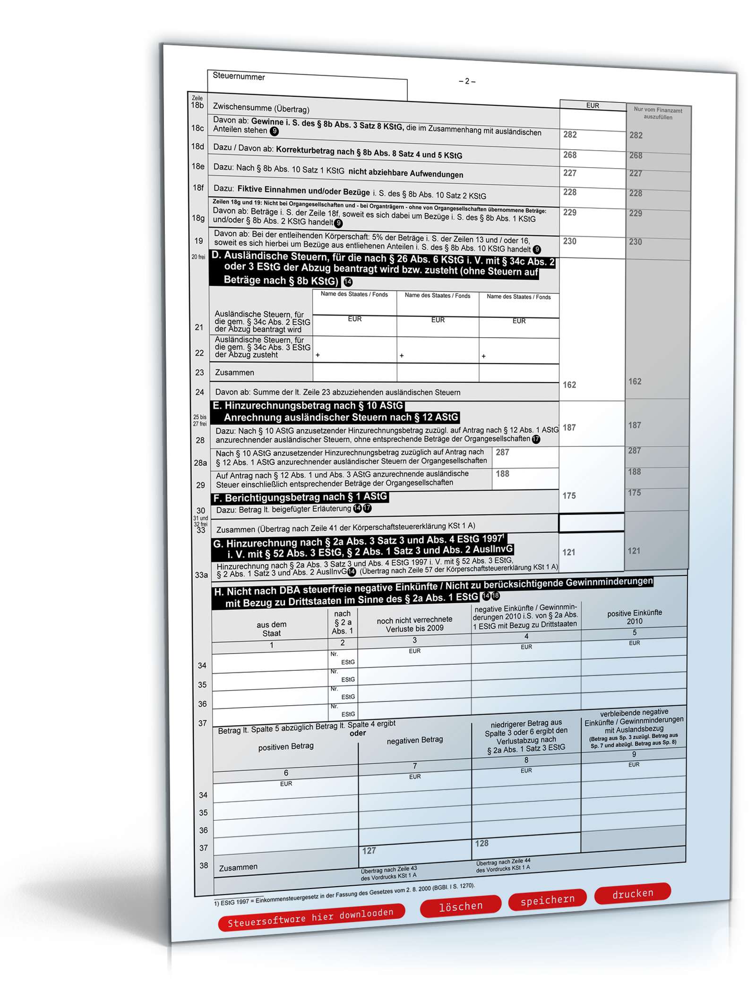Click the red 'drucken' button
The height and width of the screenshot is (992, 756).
coord(632,893)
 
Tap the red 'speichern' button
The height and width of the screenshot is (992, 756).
coord(547,900)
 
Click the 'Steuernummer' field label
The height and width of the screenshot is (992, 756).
coord(239,77)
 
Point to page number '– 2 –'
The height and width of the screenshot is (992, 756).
coord(467,81)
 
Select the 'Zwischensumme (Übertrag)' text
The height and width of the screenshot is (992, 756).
coord(261,108)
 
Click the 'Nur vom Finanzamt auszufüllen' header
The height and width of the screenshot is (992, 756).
coord(658,113)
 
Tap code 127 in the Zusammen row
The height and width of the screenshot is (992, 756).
coord(369,851)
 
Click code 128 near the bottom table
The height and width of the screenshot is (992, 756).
coord(481,843)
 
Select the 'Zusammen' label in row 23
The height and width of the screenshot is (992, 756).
coord(234,372)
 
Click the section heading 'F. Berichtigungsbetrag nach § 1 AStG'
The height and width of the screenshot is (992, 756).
coord(300,497)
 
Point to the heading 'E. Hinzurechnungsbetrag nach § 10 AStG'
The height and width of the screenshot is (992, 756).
coord(308,406)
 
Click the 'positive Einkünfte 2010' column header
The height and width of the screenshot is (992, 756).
coord(634,616)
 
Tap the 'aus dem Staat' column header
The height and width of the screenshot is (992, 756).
coord(271,629)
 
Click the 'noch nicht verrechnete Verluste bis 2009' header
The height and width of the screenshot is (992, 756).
coord(414,624)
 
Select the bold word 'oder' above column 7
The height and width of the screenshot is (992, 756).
coord(358,733)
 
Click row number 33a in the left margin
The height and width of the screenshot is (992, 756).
coord(201,575)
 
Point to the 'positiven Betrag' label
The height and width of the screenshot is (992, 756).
coord(285,746)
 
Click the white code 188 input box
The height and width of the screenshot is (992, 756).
coord(524,478)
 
